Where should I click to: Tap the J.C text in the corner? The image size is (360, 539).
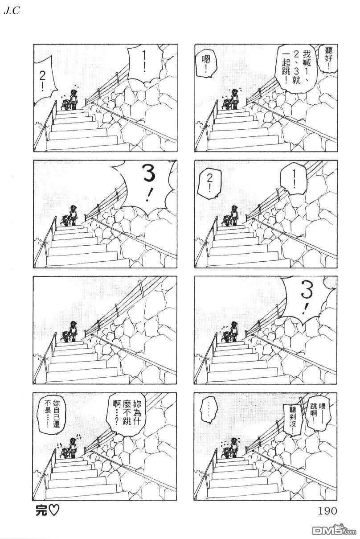(x=12, y=11)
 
